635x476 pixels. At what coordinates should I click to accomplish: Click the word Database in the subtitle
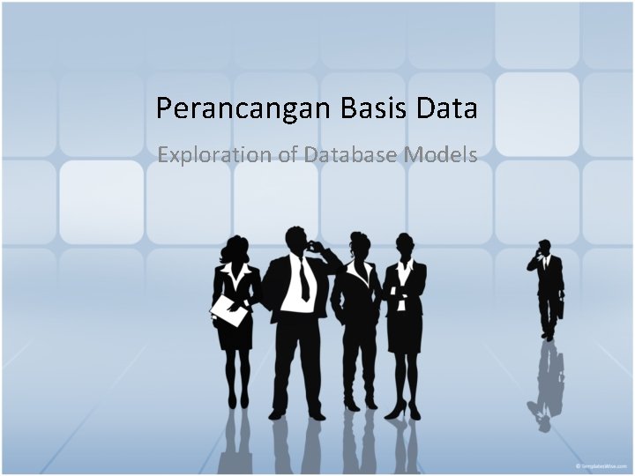pyautogui.click(x=350, y=155)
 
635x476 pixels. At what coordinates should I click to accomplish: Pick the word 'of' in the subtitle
pyautogui.click(x=288, y=155)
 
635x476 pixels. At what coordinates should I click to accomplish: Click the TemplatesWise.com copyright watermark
pyautogui.click(x=601, y=465)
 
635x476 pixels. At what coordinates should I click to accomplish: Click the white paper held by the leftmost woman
pyautogui.click(x=229, y=309)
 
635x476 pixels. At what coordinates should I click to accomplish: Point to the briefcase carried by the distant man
pyautogui.click(x=561, y=307)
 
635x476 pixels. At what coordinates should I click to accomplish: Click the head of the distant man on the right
pyautogui.click(x=544, y=247)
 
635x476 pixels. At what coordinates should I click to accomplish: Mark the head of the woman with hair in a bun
pyautogui.click(x=358, y=243)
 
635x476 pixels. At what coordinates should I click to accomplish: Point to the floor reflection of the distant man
pyautogui.click(x=549, y=388)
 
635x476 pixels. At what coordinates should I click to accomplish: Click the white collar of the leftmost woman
pyautogui.click(x=235, y=275)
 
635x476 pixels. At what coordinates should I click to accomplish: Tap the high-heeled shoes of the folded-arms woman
pyautogui.click(x=404, y=410)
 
